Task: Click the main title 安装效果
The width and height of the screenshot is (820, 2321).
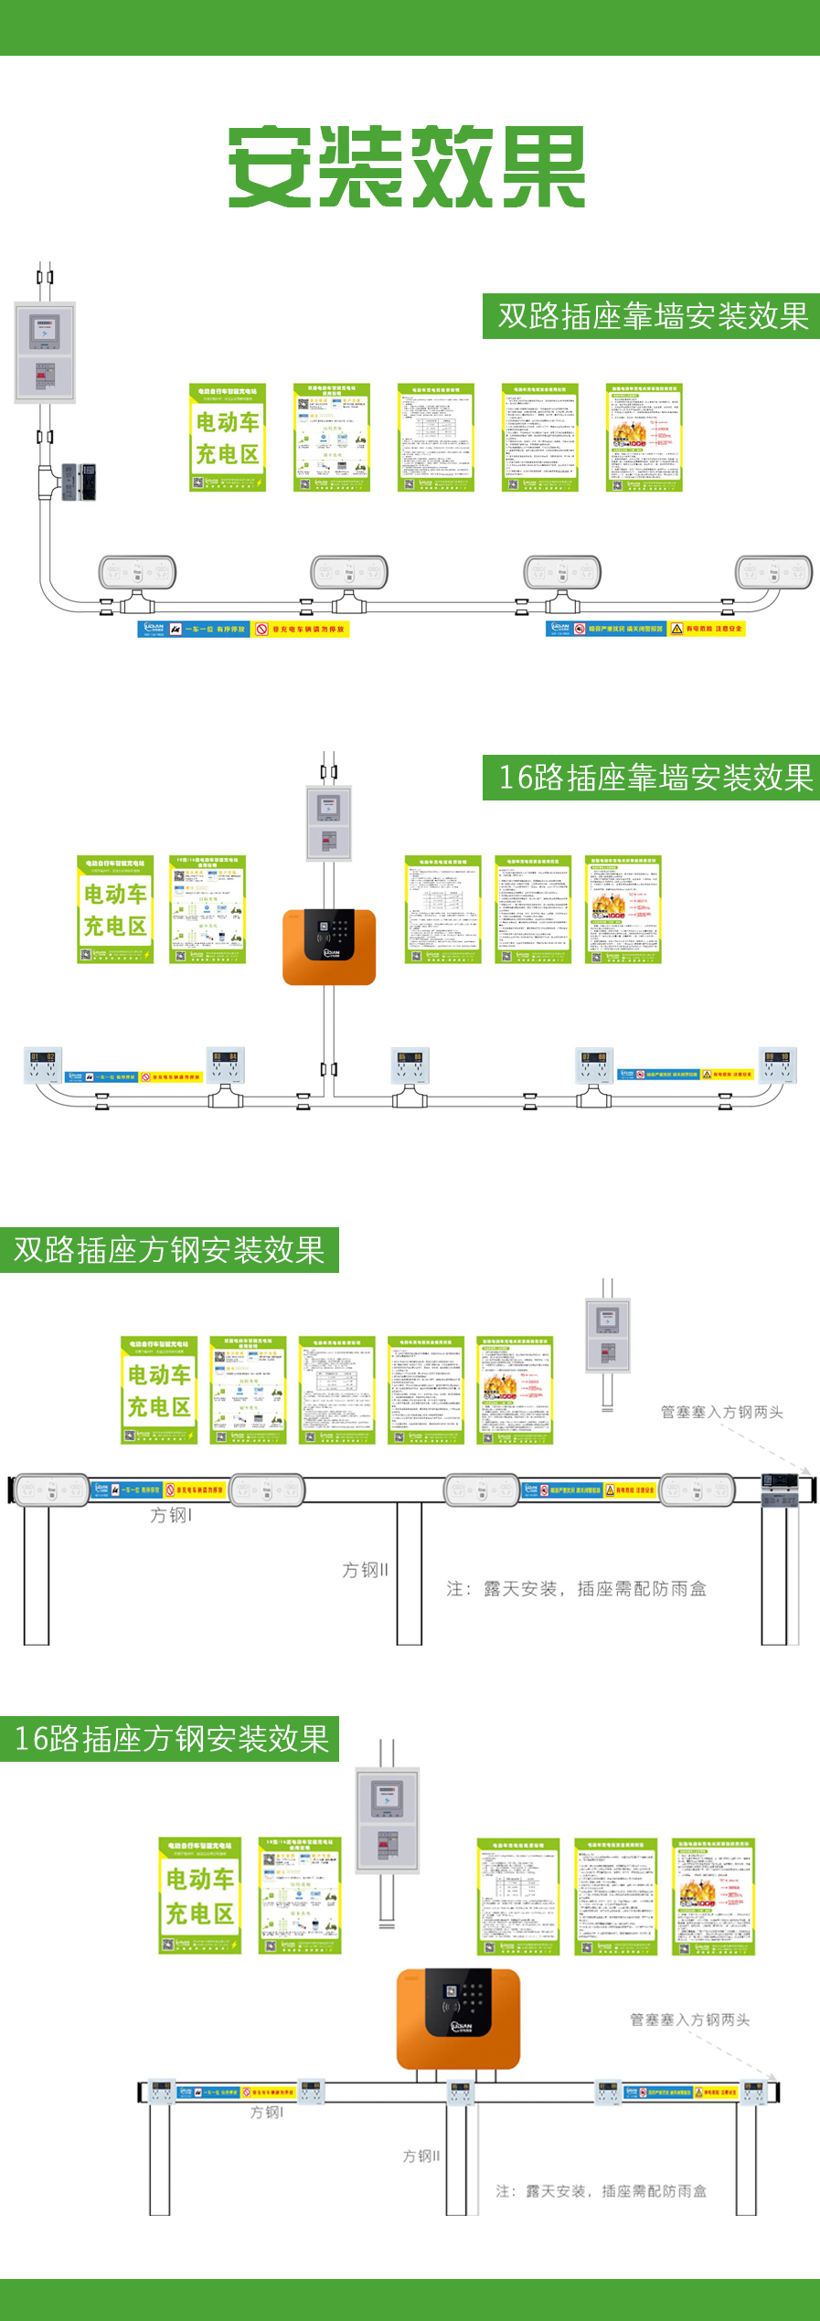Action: coord(407,166)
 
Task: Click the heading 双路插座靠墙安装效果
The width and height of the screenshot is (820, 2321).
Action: coord(652,316)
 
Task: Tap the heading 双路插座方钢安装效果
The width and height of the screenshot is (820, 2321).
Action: coord(169,1250)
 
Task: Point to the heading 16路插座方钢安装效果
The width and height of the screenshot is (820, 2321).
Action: coord(171,1738)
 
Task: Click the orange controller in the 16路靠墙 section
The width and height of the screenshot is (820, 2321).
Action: coord(329,947)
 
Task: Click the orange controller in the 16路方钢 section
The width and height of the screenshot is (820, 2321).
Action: coord(458,2018)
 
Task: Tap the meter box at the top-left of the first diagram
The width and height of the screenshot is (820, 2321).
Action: coord(45,352)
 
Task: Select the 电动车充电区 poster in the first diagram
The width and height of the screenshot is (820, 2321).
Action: coord(228,438)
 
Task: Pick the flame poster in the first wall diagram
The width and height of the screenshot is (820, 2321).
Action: coord(644,438)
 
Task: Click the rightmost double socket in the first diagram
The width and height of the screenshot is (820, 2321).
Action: coord(773,572)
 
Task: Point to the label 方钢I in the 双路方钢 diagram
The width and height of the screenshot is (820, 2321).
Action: coord(171,1515)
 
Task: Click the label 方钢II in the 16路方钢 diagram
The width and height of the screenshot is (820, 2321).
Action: coord(421,2156)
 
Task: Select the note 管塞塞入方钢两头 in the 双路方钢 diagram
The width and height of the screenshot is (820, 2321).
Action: coord(721,1412)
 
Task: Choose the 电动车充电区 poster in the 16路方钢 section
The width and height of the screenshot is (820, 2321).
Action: coord(199,1895)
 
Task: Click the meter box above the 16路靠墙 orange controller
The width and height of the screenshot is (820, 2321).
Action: coord(329,822)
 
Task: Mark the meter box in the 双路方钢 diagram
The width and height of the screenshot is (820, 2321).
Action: coord(608,1335)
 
